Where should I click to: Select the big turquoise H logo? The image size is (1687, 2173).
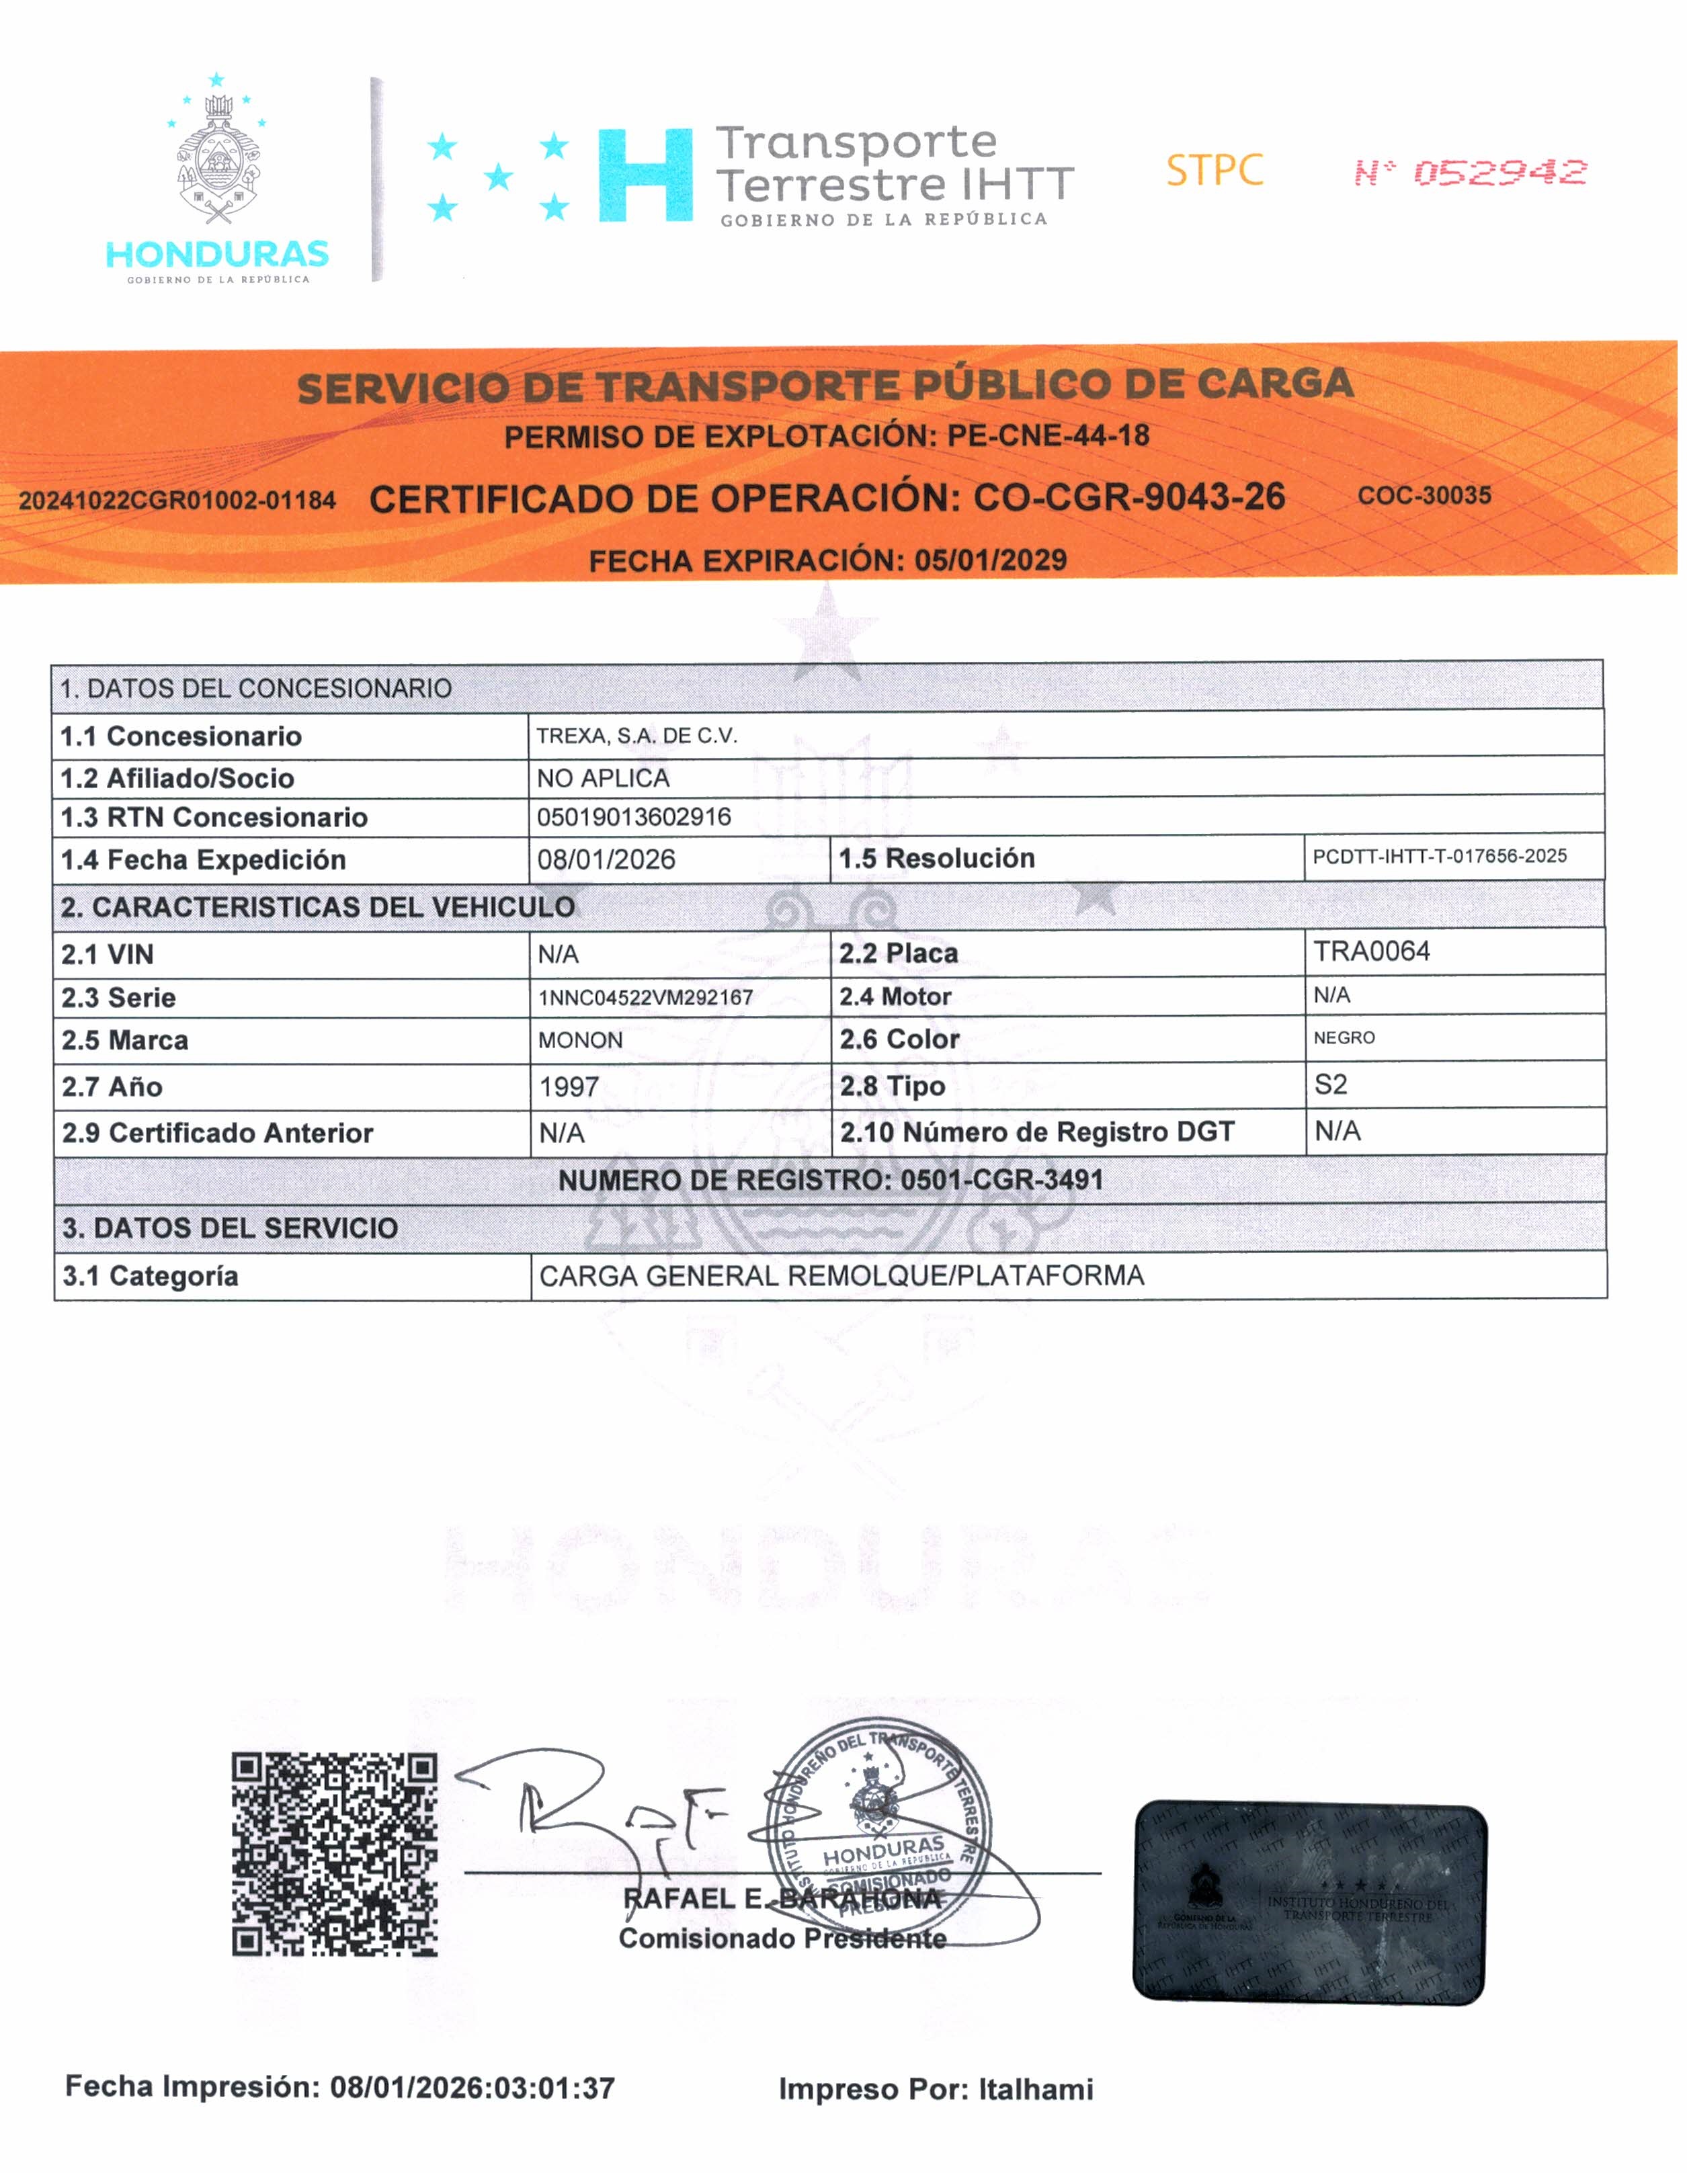point(645,175)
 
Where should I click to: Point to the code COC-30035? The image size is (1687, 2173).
point(1424,495)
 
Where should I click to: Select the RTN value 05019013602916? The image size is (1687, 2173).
point(634,817)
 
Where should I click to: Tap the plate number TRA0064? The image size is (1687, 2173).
point(1372,951)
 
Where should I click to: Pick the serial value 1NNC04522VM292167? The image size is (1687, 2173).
point(645,997)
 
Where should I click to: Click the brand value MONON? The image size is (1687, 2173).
point(580,1039)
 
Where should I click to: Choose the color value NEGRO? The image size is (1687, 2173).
point(1344,1037)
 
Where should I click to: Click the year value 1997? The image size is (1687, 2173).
point(569,1086)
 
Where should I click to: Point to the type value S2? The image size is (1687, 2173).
point(1331,1084)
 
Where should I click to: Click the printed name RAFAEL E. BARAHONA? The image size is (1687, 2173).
point(781,1898)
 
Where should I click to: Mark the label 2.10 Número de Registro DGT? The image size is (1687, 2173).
point(1036,1132)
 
